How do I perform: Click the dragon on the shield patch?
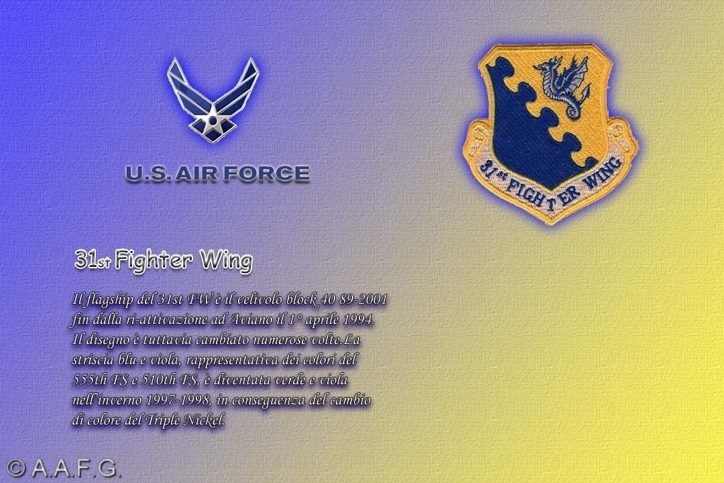coord(562,85)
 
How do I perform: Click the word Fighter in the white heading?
coord(154,260)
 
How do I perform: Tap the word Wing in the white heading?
coord(227,261)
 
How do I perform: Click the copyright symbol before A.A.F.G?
coord(15,468)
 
